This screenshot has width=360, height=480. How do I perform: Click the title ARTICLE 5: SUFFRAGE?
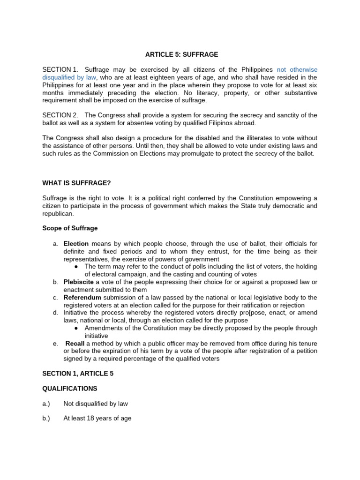tap(181, 54)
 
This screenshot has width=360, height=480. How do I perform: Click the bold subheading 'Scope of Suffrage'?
tap(70, 228)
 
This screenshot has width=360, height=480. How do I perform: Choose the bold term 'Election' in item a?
tap(76, 244)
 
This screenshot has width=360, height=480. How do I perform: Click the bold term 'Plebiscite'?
tap(79, 282)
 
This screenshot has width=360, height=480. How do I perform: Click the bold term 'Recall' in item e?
tap(75, 343)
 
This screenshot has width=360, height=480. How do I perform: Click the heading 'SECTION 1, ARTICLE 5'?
tap(78, 374)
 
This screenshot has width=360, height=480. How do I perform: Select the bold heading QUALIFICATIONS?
tap(70, 389)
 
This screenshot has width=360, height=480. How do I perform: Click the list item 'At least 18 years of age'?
tap(97, 418)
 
